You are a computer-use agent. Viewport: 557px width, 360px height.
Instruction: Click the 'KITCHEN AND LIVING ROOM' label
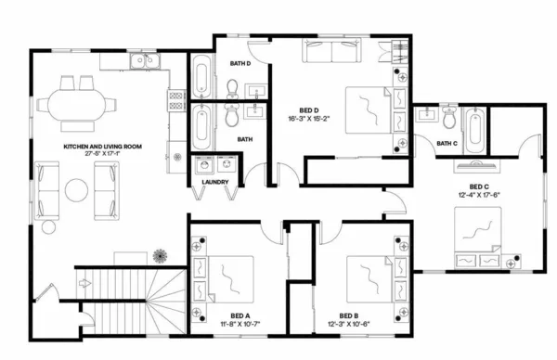[x=102, y=147]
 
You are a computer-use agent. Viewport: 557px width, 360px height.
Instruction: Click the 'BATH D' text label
[x=241, y=63]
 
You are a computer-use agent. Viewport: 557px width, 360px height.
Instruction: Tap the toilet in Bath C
[x=447, y=118]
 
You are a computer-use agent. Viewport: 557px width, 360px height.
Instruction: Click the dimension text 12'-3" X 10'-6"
[x=349, y=325]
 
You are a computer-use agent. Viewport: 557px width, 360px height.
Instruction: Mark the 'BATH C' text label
[x=448, y=143]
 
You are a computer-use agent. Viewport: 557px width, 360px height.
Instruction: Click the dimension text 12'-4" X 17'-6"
[x=480, y=195]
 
